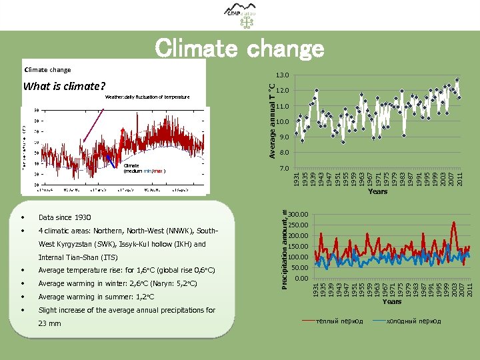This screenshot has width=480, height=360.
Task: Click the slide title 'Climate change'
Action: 239,49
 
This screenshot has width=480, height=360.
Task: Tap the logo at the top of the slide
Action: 239,15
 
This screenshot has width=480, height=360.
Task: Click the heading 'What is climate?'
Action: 64,86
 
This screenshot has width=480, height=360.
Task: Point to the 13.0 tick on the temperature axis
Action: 283,75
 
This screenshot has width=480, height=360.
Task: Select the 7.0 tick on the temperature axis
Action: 283,169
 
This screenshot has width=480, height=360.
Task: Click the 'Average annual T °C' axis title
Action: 271,121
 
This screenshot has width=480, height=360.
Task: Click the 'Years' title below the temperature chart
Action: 377,192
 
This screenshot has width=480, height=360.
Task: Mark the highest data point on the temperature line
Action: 457,80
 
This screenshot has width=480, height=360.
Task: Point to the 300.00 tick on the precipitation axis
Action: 299,215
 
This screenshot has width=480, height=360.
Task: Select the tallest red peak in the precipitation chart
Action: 454,223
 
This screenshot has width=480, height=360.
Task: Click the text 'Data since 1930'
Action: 65,218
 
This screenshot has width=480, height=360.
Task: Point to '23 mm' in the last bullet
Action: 50,324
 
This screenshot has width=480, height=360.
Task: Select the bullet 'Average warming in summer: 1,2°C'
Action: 96,297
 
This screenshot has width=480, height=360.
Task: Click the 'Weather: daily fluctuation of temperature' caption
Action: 147,97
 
